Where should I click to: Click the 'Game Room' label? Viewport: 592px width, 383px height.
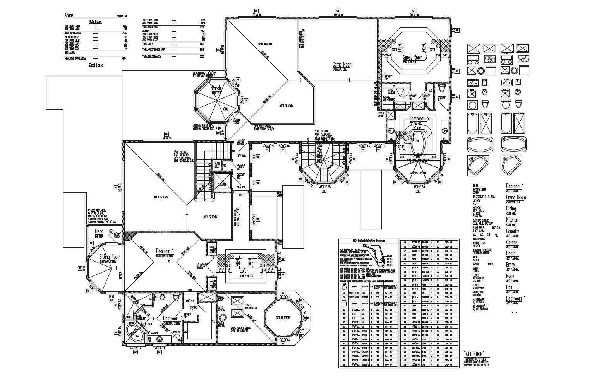[342, 65]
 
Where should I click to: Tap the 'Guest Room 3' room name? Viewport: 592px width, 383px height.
[415, 57]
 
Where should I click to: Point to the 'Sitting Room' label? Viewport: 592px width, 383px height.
[110, 257]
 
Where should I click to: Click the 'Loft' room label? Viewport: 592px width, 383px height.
[243, 270]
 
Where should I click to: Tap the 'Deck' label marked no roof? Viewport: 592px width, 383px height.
[99, 231]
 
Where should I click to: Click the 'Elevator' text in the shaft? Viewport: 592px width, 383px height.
[221, 185]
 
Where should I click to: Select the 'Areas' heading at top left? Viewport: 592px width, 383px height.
[69, 16]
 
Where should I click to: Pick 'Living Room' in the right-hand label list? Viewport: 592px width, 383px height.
[516, 197]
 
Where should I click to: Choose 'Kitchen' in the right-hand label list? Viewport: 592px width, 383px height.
[512, 220]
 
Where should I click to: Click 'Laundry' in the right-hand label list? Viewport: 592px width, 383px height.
[513, 231]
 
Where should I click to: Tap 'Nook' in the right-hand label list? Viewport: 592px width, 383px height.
[510, 276]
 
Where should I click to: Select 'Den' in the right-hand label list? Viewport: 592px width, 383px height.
[509, 287]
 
